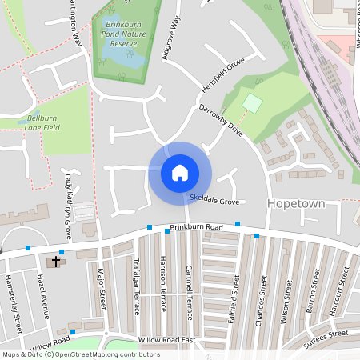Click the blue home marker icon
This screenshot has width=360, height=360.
click(x=179, y=173)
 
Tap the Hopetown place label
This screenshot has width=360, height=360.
click(x=296, y=204)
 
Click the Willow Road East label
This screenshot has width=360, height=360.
click(x=166, y=340)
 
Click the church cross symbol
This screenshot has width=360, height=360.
click(x=56, y=261)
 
